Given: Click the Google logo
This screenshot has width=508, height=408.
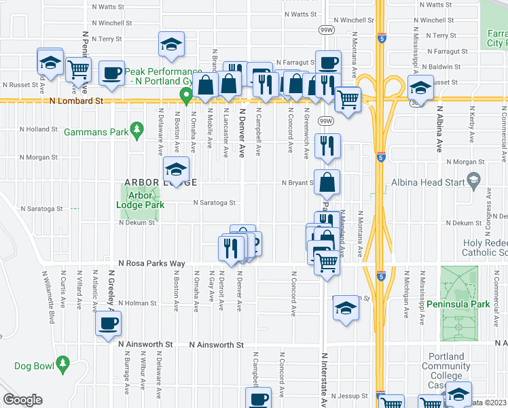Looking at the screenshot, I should pyautogui.click(x=22, y=400).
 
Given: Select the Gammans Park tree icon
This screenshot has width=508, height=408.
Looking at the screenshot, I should pyautogui.click(x=136, y=129).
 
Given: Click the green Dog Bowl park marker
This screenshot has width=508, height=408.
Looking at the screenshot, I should pyautogui.click(x=63, y=364).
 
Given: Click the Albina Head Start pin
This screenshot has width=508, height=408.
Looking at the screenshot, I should pyautogui.click(x=474, y=182).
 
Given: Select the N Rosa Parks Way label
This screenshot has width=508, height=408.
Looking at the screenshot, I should pyautogui.click(x=151, y=263).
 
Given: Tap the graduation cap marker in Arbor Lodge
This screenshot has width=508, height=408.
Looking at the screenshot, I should pyautogui.click(x=176, y=170).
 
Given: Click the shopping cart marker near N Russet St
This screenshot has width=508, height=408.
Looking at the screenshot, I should pyautogui.click(x=79, y=69).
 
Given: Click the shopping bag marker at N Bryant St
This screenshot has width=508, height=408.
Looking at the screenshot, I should pyautogui.click(x=327, y=182).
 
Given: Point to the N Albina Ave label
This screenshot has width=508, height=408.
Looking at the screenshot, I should pyautogui.click(x=439, y=129).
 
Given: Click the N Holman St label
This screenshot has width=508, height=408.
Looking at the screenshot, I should pyautogui.click(x=138, y=303).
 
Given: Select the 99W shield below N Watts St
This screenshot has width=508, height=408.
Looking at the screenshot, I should pyautogui.click(x=326, y=29).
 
